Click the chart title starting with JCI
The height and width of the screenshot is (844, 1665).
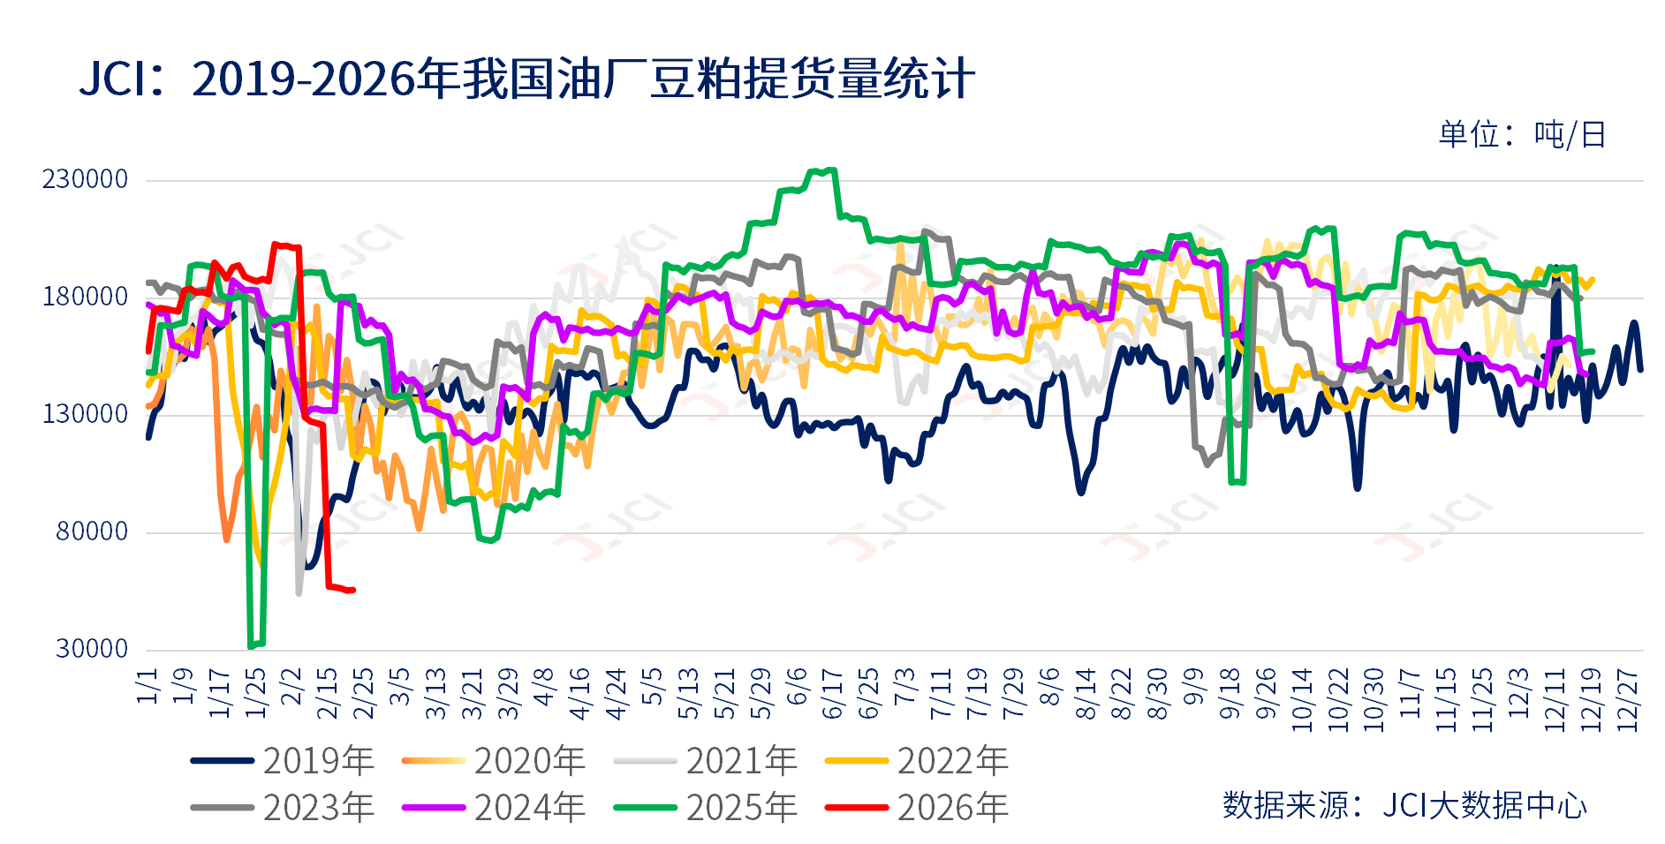tap(526, 79)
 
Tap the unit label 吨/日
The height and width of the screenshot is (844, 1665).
tap(1521, 135)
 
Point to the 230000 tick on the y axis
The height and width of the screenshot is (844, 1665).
tap(86, 179)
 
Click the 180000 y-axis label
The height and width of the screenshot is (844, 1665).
tap(86, 297)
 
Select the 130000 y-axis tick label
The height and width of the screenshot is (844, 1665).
tap(86, 414)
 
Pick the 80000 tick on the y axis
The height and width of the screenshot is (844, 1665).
tap(92, 531)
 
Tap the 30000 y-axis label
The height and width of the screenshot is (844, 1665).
tap(92, 649)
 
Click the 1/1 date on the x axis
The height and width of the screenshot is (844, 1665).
tap(148, 687)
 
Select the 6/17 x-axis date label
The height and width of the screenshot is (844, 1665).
tap(833, 694)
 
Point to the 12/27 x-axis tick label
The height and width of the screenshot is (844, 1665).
tap(1627, 700)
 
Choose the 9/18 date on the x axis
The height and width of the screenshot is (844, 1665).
tap(1230, 694)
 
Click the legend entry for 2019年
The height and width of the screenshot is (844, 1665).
tap(283, 761)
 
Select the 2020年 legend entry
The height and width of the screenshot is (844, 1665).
tap(494, 761)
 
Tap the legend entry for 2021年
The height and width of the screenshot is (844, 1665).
tap(706, 761)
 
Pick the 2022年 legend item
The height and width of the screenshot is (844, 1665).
tap(917, 761)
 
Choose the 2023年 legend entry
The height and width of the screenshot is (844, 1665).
tap(283, 808)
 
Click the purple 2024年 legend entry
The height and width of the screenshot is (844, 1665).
tap(494, 808)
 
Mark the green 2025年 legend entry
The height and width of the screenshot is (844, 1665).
tap(706, 808)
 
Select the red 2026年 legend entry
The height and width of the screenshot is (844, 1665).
tap(917, 808)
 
